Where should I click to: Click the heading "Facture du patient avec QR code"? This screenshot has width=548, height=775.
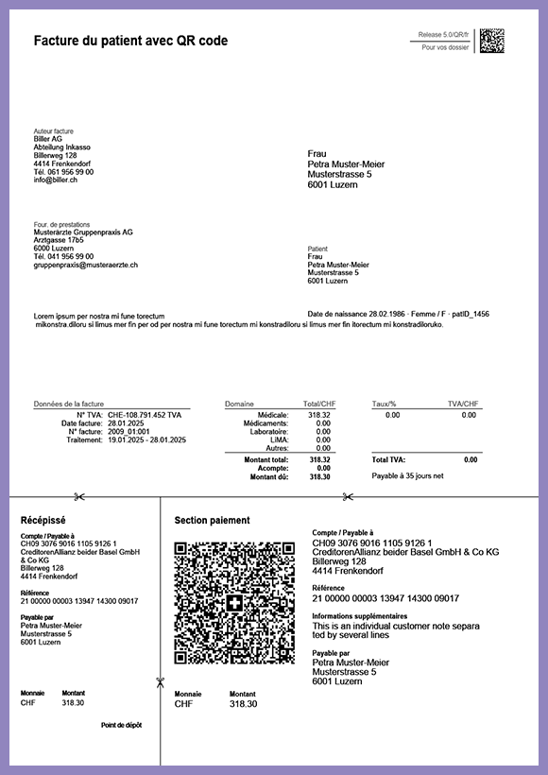130,41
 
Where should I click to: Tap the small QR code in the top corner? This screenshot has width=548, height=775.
491,41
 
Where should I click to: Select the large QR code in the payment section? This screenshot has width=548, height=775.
234,602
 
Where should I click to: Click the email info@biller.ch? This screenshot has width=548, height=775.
56,180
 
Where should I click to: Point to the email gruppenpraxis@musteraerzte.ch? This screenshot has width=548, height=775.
86,265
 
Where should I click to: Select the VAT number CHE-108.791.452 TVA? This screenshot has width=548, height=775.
145,415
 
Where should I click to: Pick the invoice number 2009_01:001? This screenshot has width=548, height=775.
128,432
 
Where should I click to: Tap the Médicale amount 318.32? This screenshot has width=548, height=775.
319,415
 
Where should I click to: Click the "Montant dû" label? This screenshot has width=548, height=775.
269,477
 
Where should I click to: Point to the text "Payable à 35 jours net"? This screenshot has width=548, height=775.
407,476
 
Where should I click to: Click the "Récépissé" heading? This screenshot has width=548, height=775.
43,520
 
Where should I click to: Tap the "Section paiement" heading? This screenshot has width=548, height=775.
212,520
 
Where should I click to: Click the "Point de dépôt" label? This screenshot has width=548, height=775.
121,725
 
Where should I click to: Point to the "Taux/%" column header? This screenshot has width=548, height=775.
385,404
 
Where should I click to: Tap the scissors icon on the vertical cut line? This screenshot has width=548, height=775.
161,682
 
